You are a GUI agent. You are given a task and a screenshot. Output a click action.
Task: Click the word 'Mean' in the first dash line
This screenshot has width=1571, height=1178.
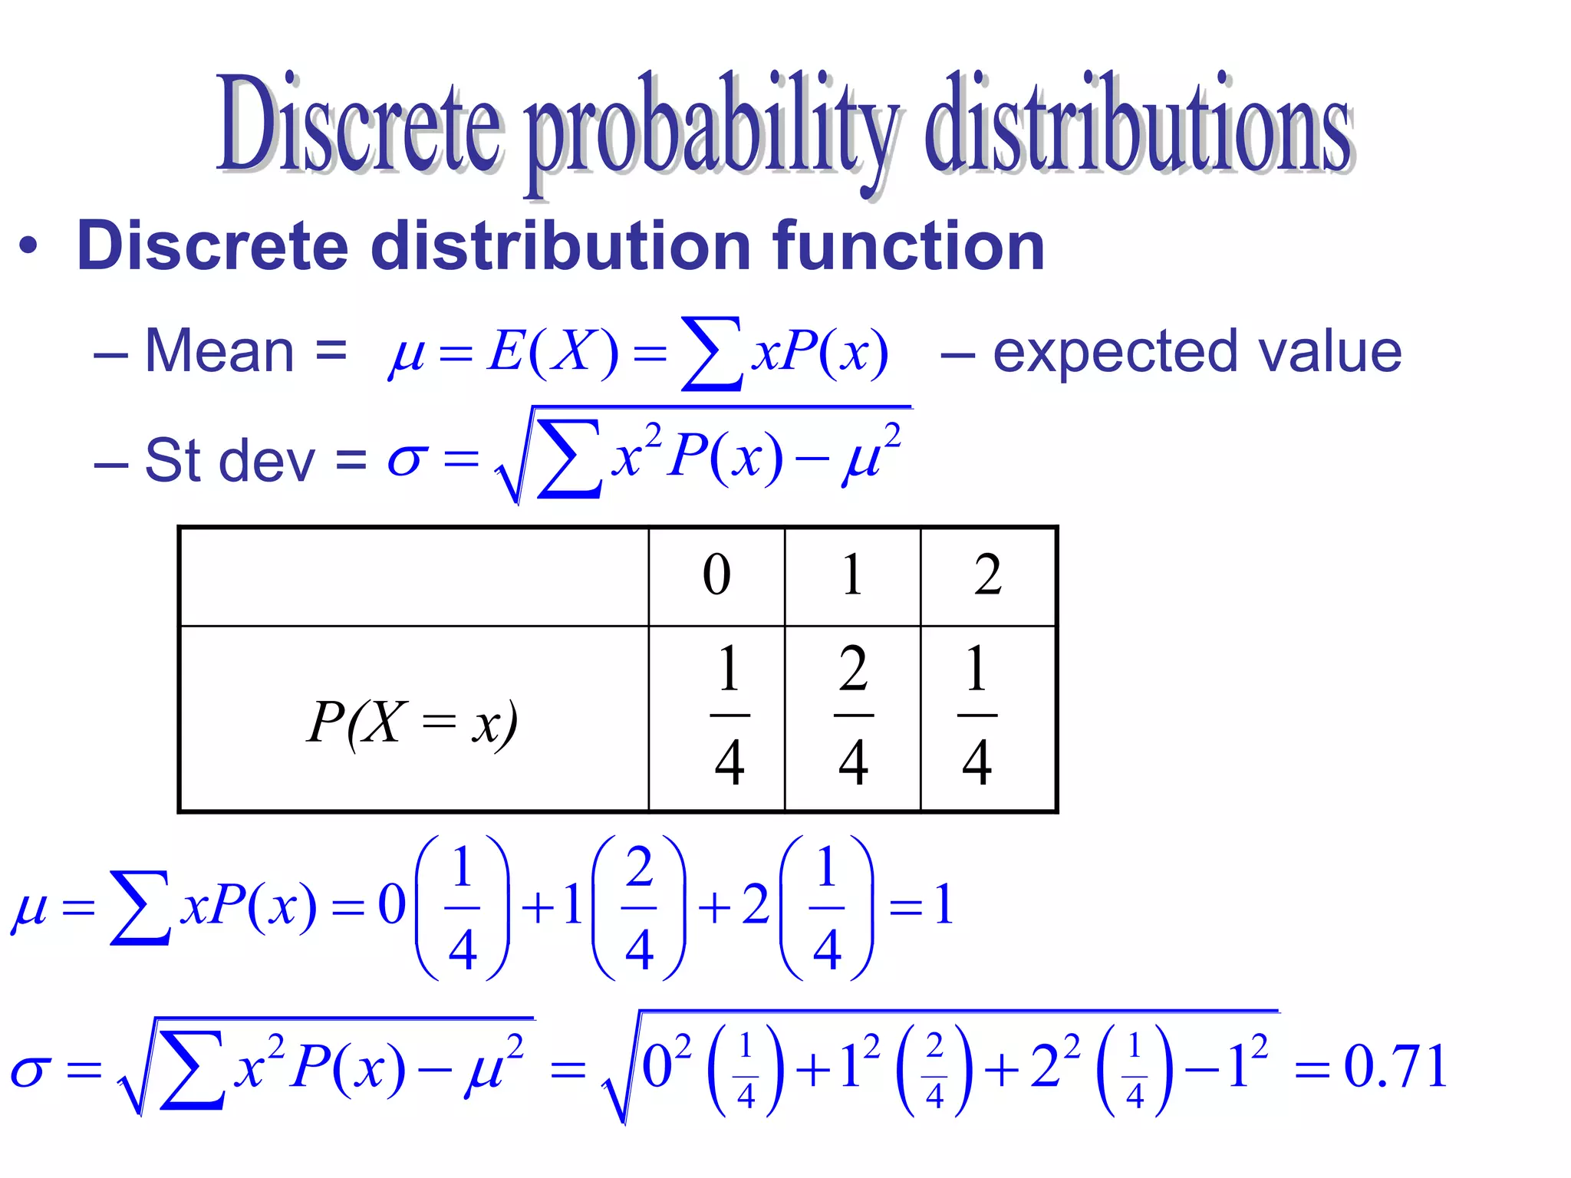click(x=219, y=351)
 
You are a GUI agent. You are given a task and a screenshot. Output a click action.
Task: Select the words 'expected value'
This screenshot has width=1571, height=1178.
click(x=1197, y=351)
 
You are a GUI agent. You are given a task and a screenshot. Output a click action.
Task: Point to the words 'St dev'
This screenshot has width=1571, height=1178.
click(x=229, y=460)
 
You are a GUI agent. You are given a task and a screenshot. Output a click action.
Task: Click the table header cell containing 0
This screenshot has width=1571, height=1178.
click(x=716, y=575)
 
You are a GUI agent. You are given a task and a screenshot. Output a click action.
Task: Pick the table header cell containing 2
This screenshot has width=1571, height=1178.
click(x=988, y=575)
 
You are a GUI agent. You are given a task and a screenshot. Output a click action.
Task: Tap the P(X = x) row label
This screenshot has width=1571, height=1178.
click(x=413, y=722)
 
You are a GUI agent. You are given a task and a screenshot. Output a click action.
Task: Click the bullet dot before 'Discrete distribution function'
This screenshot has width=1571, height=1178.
click(x=28, y=247)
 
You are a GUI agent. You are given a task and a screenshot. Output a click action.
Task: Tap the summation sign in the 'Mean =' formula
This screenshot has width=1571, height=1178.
click(x=712, y=354)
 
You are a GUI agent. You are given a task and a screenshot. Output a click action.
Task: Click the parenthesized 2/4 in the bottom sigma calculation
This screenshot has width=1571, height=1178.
click(x=934, y=1069)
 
